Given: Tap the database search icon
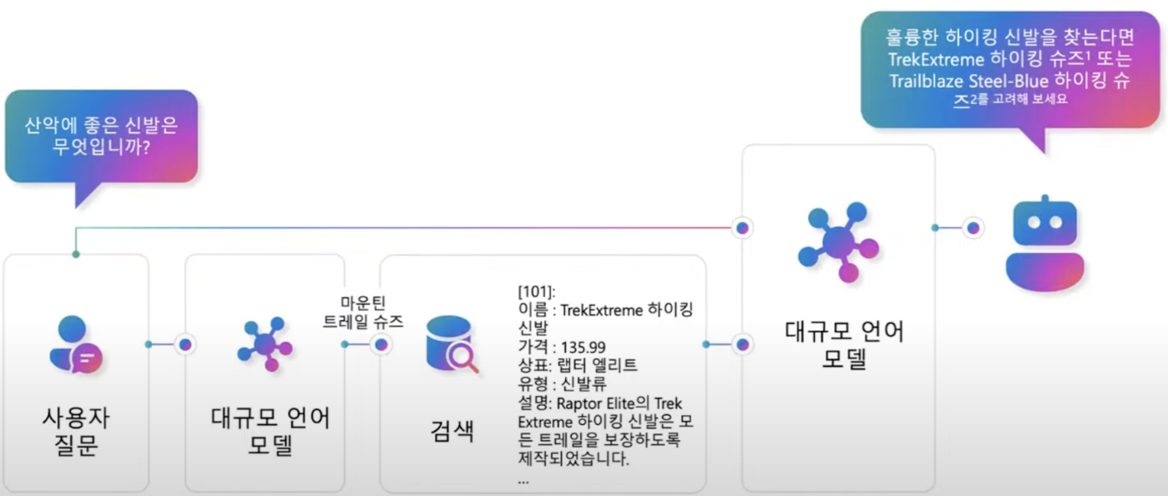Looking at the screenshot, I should (x=451, y=345).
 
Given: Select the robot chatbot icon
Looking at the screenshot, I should (x=1044, y=244).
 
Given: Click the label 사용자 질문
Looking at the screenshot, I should (x=76, y=431).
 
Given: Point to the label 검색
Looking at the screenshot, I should (x=452, y=431).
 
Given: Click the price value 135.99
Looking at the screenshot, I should (x=583, y=348).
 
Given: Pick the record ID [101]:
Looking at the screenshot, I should (x=536, y=292).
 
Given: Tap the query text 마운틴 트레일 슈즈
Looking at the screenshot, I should (x=363, y=312).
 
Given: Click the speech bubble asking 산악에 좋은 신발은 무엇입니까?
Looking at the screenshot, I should (x=101, y=136).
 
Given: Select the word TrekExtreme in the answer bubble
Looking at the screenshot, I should (x=936, y=60).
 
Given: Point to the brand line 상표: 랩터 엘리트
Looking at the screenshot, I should (x=577, y=365).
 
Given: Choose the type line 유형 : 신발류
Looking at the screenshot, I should (x=562, y=384).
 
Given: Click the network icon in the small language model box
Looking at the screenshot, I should (x=265, y=344).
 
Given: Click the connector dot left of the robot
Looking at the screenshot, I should (x=973, y=228).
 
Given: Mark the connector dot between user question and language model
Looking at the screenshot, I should (x=186, y=345).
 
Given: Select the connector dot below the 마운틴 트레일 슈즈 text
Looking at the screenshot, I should (x=381, y=345).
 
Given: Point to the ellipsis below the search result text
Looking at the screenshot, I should (x=524, y=481).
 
